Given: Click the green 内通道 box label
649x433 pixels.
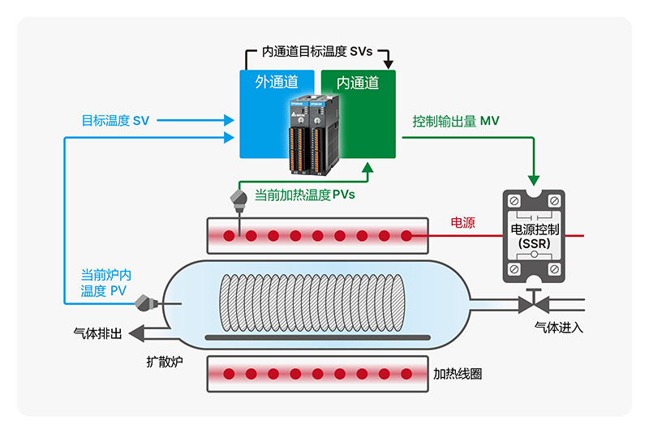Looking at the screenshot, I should pyautogui.click(x=358, y=82).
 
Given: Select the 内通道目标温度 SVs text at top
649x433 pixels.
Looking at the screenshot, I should pyautogui.click(x=317, y=51).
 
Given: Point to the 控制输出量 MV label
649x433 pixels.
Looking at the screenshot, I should pyautogui.click(x=455, y=121).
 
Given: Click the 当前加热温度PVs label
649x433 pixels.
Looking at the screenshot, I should pyautogui.click(x=305, y=195).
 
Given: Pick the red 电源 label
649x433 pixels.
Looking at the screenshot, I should pyautogui.click(x=462, y=222).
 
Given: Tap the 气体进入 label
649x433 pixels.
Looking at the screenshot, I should pyautogui.click(x=558, y=328).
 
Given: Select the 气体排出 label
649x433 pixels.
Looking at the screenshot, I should pyautogui.click(x=97, y=332).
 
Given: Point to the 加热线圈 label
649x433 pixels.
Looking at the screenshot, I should pyautogui.click(x=458, y=374).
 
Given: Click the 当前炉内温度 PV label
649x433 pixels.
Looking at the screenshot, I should pyautogui.click(x=105, y=282).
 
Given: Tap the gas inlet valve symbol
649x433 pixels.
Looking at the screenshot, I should pyautogui.click(x=533, y=304).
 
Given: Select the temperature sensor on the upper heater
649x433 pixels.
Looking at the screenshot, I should pyautogui.click(x=239, y=199).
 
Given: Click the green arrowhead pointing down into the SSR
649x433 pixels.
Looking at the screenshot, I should pyautogui.click(x=533, y=178).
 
